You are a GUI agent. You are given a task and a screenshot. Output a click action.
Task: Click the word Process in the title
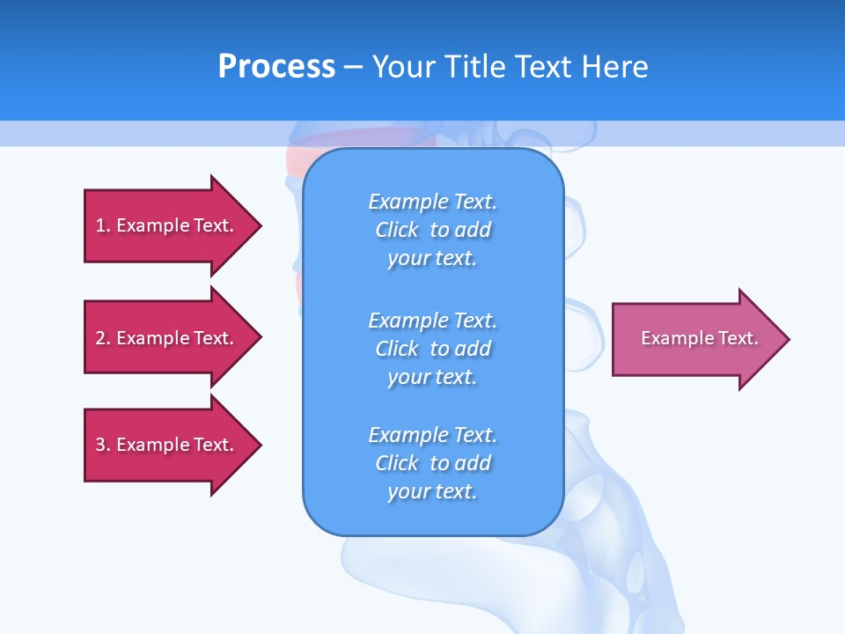(x=276, y=67)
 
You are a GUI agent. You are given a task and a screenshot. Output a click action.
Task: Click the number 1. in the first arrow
(x=103, y=225)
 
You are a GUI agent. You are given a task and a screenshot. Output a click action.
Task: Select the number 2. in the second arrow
(x=103, y=338)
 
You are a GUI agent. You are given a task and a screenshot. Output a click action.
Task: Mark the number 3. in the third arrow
(x=103, y=445)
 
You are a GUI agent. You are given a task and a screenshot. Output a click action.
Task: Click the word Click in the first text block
(x=397, y=230)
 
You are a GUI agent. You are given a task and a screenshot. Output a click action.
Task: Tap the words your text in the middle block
(x=432, y=377)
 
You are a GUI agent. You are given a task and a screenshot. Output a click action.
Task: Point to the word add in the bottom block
(x=473, y=463)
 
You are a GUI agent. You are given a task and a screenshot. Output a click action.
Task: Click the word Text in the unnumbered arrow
(x=738, y=338)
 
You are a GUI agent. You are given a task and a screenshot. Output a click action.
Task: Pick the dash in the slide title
(x=354, y=67)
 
